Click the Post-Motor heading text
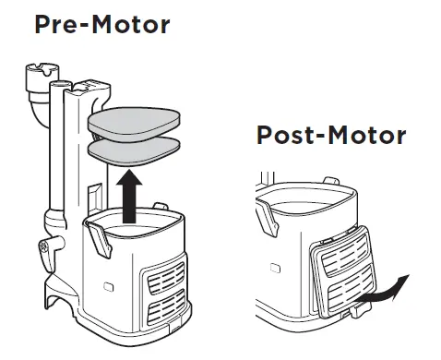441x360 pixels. click(330, 136)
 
